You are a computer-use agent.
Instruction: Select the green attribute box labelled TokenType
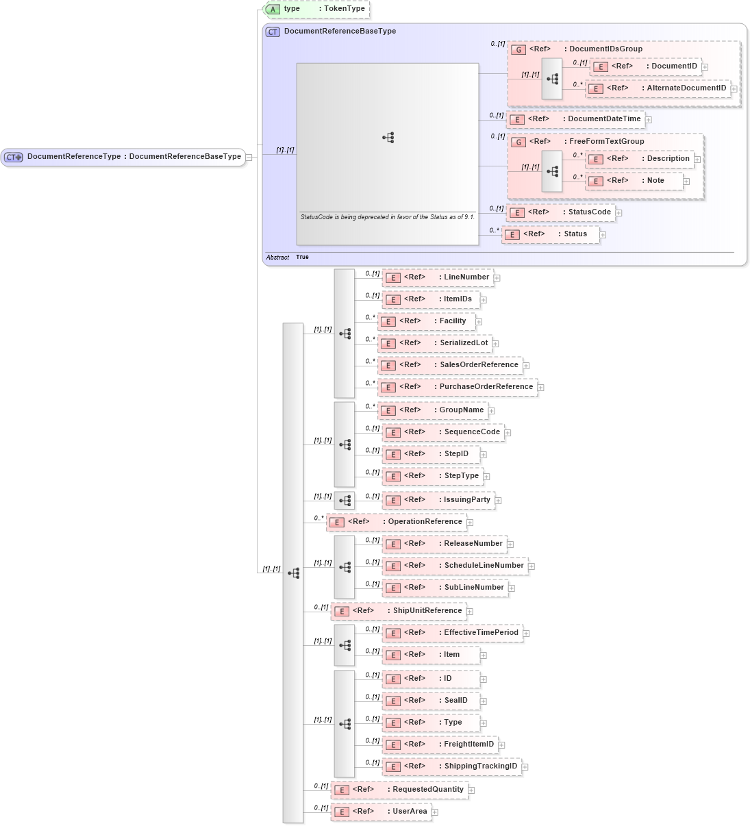(316, 9)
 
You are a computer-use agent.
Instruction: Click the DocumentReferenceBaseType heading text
(340, 32)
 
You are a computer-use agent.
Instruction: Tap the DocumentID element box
(646, 66)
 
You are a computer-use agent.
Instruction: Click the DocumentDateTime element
(576, 119)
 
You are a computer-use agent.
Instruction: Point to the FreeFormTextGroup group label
(606, 142)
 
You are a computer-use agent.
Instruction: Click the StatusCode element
(561, 212)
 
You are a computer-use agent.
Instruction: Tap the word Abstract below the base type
(277, 258)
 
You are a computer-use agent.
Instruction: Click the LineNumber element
(438, 277)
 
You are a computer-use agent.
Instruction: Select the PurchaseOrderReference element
(457, 387)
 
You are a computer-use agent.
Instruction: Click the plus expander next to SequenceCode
(508, 433)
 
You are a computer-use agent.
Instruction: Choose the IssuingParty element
(438, 500)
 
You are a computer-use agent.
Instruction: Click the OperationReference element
(397, 522)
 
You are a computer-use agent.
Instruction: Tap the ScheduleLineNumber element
(455, 566)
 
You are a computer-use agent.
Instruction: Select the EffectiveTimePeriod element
(452, 633)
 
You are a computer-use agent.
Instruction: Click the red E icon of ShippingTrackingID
(393, 767)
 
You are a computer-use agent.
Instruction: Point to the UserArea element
(382, 812)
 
